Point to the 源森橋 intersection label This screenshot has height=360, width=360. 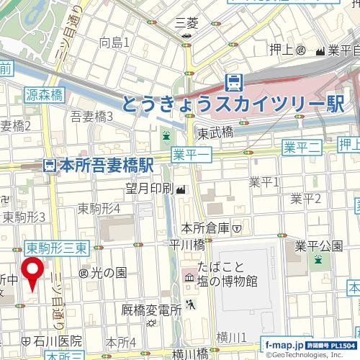[44, 94]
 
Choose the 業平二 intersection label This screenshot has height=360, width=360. [301, 148]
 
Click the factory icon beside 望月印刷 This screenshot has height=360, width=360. [179, 189]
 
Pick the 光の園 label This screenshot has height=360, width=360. [107, 273]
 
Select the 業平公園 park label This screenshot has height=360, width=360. [318, 246]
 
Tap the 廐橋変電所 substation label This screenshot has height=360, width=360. [150, 310]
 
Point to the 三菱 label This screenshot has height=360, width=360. [186, 24]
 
